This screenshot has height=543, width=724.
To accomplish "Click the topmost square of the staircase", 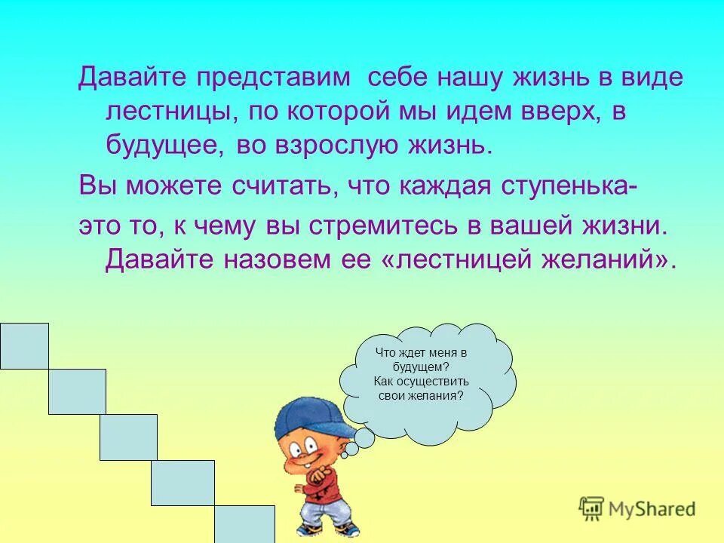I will (24, 345).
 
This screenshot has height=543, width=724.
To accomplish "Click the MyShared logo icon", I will (592, 508).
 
